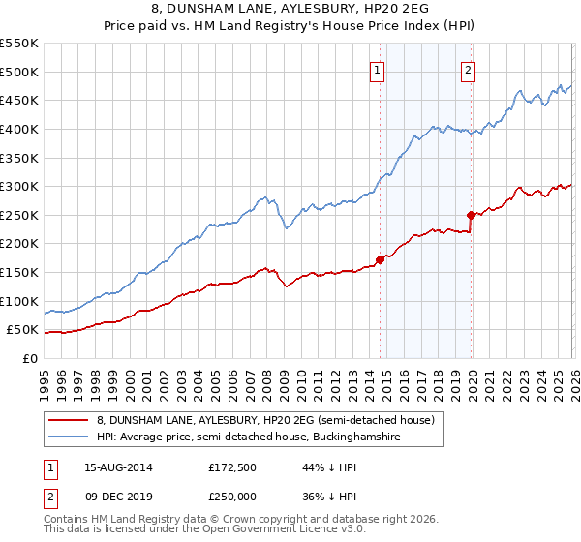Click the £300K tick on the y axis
pyautogui.click(x=19, y=186)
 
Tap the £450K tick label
pyautogui.click(x=19, y=100)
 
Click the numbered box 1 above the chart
pyautogui.click(x=377, y=70)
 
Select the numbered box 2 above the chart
pyautogui.click(x=468, y=70)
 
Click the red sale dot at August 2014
pyautogui.click(x=380, y=258)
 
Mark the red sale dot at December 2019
pyautogui.click(x=471, y=215)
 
